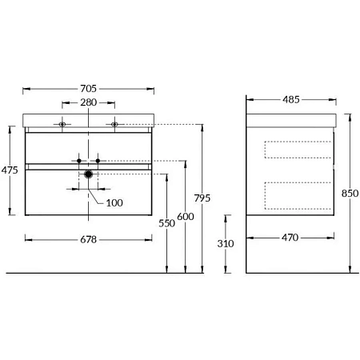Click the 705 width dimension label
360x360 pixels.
88,89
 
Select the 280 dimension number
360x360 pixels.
88,102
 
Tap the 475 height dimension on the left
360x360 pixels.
10,170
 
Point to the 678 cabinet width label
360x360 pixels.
88,240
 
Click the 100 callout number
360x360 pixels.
114,203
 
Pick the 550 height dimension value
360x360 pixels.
166,223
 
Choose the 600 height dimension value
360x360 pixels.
186,217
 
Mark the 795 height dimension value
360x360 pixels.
202,198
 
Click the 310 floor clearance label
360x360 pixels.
226,243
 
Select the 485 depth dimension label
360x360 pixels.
291,100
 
